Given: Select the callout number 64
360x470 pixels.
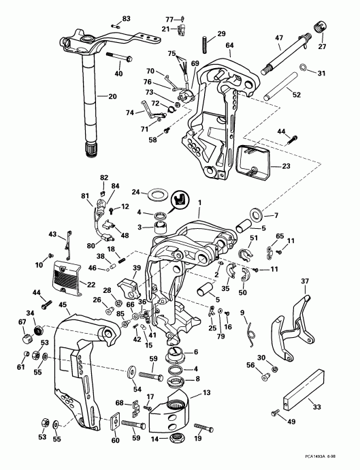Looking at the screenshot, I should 229,45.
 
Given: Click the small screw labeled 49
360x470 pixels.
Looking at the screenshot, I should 276,412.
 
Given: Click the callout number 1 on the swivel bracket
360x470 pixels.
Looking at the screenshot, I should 199,202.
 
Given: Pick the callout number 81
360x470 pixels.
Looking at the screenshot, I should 86,195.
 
